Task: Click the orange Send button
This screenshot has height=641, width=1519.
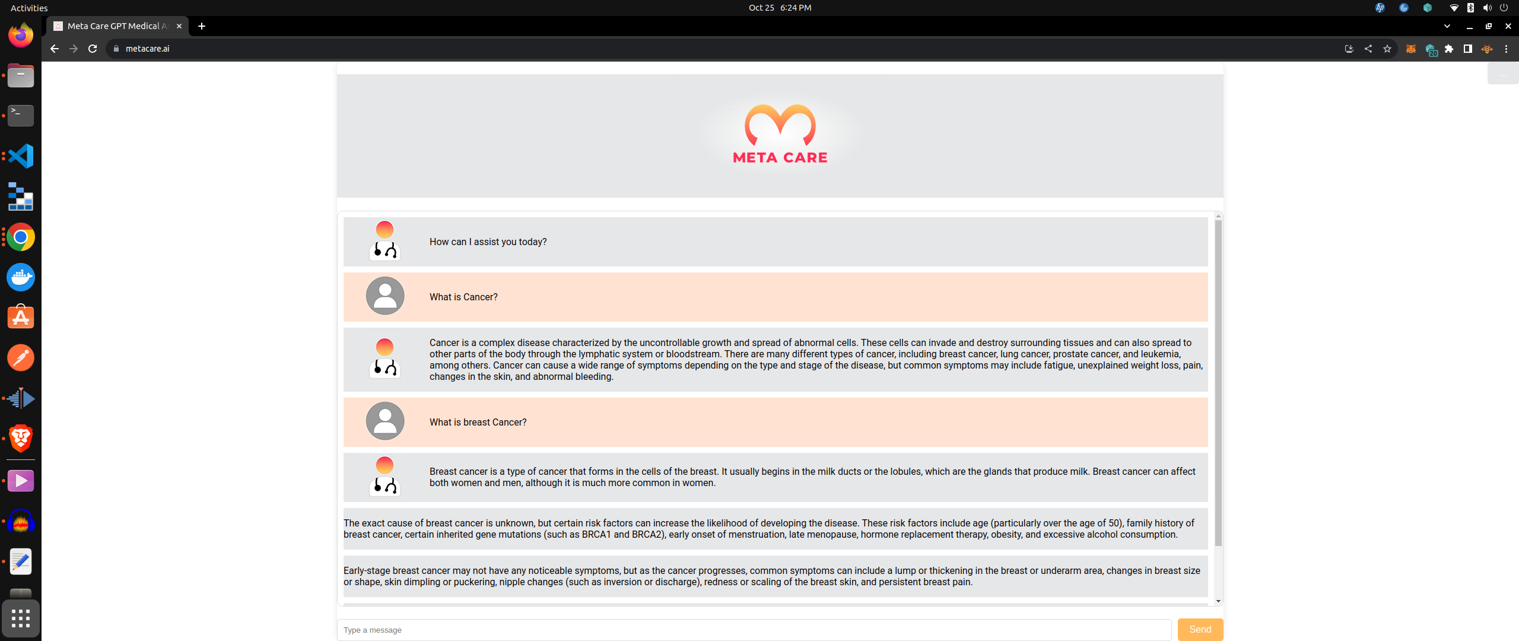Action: click(1200, 630)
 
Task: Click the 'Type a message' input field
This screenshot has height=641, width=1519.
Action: click(754, 630)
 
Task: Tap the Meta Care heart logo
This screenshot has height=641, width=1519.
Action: click(780, 126)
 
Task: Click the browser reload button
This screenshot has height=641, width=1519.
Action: click(93, 49)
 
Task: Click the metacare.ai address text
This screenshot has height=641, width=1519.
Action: click(148, 49)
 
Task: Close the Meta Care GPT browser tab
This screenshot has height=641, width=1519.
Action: click(179, 26)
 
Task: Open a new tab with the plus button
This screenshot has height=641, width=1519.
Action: click(202, 26)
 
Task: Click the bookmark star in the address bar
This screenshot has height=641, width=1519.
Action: click(1387, 49)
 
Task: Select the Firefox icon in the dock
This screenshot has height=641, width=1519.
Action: click(21, 35)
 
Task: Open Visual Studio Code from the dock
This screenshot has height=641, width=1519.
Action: click(21, 156)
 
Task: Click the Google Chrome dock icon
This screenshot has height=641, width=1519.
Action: click(21, 237)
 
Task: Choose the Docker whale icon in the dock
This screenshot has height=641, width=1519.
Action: click(21, 277)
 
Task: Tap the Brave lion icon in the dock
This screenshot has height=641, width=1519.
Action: click(21, 439)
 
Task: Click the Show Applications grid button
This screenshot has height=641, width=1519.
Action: click(21, 618)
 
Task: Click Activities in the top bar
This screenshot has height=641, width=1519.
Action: click(29, 8)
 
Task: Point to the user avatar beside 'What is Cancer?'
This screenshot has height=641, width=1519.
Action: click(385, 296)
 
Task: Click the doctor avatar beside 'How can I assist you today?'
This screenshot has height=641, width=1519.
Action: click(384, 241)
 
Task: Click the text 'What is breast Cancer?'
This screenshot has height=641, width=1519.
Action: click(478, 422)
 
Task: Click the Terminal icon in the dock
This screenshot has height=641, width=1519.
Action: click(21, 115)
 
